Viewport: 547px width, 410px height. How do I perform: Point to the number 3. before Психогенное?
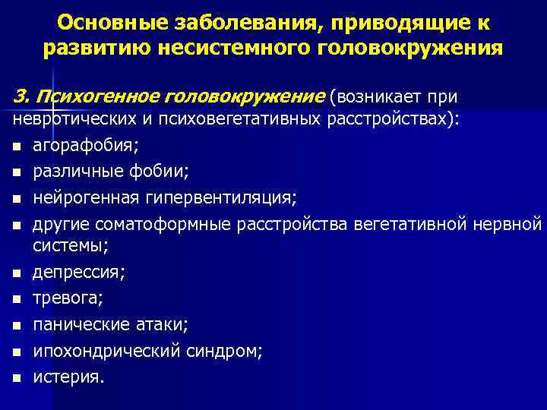(x=21, y=97)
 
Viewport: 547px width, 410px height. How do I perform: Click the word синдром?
(x=226, y=351)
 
